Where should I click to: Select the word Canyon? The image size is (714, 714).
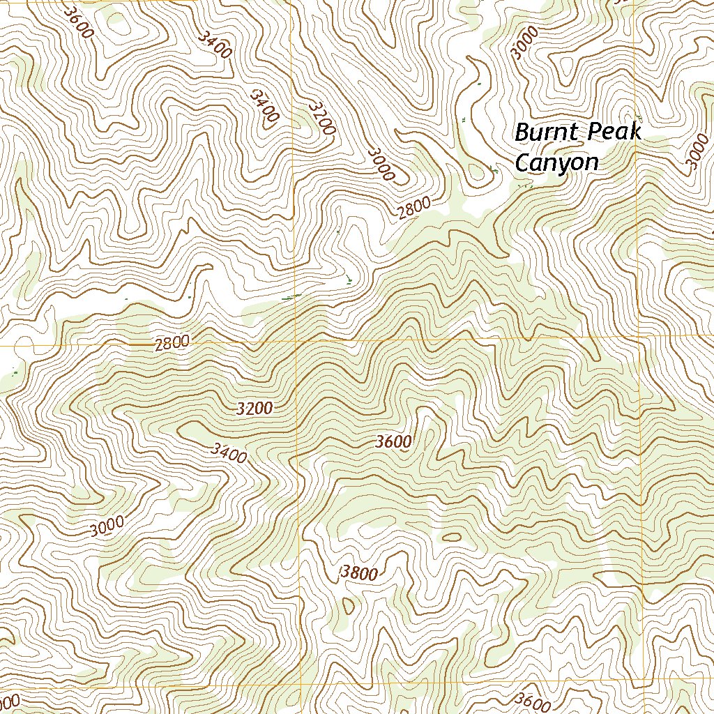coord(556,162)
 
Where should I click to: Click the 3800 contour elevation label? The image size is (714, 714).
coord(360,574)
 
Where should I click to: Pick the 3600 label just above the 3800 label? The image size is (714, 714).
coord(393,441)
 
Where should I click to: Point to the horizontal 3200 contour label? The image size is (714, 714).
coord(254,409)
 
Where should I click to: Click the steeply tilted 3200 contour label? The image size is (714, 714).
coord(322,118)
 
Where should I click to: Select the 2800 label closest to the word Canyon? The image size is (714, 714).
coord(416,208)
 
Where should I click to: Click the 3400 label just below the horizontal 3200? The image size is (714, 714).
coord(228,453)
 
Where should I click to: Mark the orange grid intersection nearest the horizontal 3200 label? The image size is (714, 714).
coord(296,344)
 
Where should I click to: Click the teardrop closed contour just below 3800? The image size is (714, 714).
coord(349,604)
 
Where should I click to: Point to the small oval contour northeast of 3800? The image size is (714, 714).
coord(451,537)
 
